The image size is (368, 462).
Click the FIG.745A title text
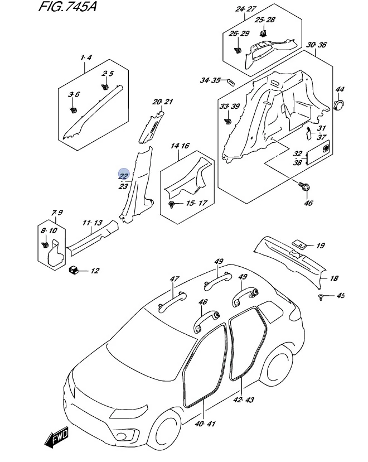coord(67,6)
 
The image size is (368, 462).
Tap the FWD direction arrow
coord(57,437)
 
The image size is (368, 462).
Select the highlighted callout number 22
coord(124,176)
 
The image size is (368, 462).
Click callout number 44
coord(340,89)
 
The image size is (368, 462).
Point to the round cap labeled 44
coord(339,104)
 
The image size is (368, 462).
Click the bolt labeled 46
coord(304,186)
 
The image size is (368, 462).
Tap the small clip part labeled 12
coord(73,269)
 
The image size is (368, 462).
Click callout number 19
coord(320,246)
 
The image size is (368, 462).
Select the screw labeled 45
coord(321,297)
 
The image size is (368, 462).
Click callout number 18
coord(334,278)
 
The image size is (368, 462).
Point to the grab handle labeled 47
coord(172,302)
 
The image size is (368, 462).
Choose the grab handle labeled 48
coord(206,322)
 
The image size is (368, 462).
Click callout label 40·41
coord(205,423)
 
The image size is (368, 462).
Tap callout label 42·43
coord(243,400)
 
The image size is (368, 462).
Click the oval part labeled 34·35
coord(231,81)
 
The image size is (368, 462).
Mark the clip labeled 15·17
coord(172,204)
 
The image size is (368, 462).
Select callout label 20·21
coord(162,102)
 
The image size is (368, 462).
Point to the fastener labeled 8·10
coord(45,244)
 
